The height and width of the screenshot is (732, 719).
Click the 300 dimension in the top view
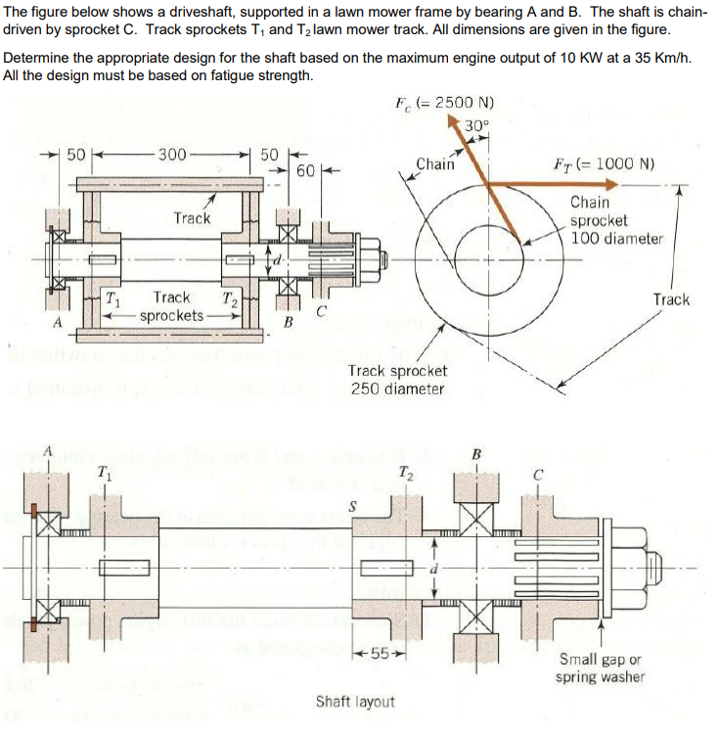tap(172, 154)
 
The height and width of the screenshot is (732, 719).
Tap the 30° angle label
tap(475, 124)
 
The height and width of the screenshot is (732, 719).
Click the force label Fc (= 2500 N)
tap(443, 103)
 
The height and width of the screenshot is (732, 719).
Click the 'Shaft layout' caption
tap(355, 702)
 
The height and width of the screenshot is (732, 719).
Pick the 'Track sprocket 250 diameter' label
tap(397, 380)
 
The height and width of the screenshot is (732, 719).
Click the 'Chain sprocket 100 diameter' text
tap(615, 220)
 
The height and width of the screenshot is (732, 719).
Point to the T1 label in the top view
tap(113, 298)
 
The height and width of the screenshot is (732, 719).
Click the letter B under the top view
tap(288, 322)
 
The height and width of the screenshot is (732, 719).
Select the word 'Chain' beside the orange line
tap(435, 164)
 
